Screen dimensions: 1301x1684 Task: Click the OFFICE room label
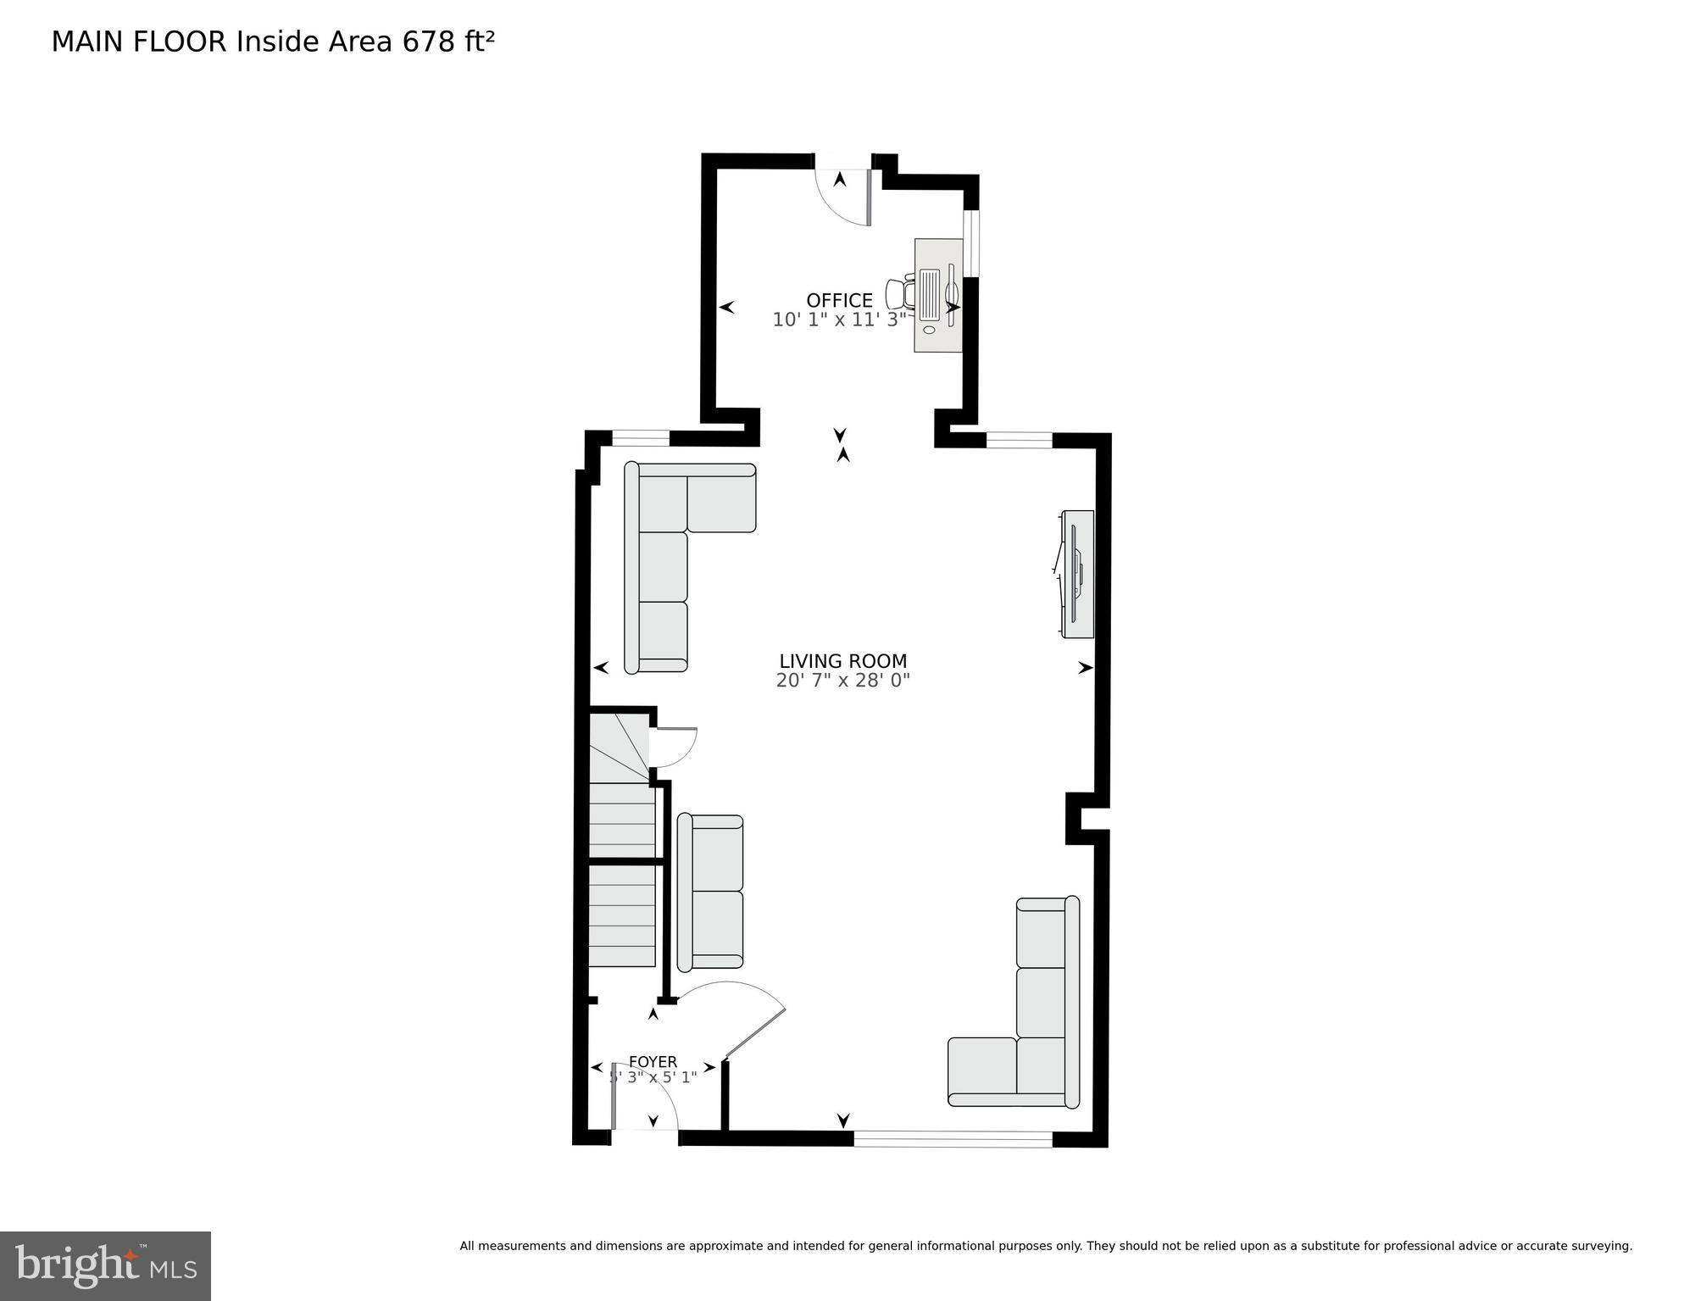coord(839,300)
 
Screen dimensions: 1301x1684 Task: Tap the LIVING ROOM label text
coord(842,661)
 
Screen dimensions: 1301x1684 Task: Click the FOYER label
coord(653,1062)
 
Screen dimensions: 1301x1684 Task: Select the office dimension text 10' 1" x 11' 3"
coord(839,320)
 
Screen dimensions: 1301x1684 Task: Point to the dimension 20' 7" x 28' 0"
coord(842,681)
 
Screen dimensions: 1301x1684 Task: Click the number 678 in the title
coord(429,42)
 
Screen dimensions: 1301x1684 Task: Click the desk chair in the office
coord(901,294)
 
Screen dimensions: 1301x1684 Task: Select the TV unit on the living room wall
coord(1076,574)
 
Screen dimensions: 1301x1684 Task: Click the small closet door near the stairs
coord(674,747)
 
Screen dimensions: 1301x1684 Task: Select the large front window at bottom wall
coord(953,1139)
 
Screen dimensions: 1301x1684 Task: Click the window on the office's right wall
coord(971,243)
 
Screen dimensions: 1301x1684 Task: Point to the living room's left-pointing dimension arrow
coord(601,668)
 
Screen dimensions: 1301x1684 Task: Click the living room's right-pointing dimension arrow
coord(1085,668)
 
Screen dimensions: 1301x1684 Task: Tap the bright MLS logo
coord(105,1265)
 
